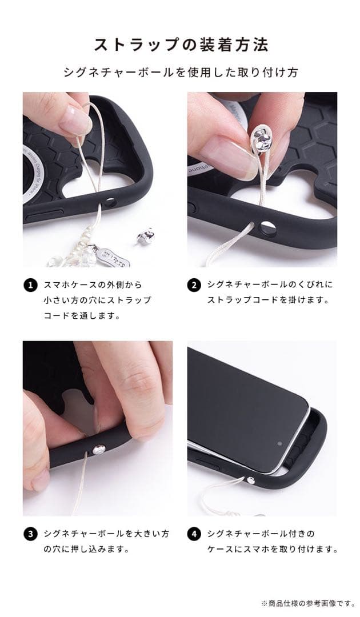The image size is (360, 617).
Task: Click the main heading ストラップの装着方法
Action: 181,45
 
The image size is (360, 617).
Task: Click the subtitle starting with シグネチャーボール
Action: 181,73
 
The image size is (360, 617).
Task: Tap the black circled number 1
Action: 29,285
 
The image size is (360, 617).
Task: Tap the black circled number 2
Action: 194,285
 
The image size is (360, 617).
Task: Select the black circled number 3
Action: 29,535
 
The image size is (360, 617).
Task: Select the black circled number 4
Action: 194,535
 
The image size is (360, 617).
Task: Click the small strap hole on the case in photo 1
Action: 110,203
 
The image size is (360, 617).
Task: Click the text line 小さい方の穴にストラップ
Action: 98,300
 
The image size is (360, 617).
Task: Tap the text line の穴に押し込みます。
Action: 86,550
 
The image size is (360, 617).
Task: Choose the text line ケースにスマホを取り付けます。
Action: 273,550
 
